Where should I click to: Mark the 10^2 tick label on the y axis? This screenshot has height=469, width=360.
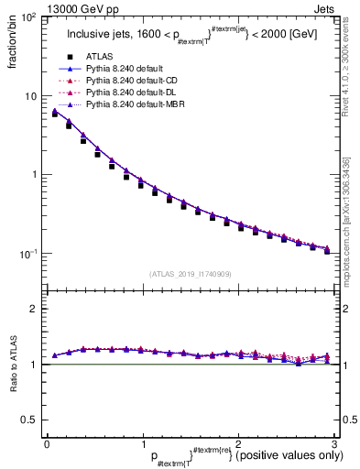click(30, 18)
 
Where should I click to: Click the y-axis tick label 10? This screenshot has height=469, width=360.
click(34, 96)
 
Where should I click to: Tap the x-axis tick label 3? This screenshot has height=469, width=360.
click(333, 443)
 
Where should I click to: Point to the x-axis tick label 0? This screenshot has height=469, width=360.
click(47, 443)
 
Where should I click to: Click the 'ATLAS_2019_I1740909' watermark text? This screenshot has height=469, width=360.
click(190, 274)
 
